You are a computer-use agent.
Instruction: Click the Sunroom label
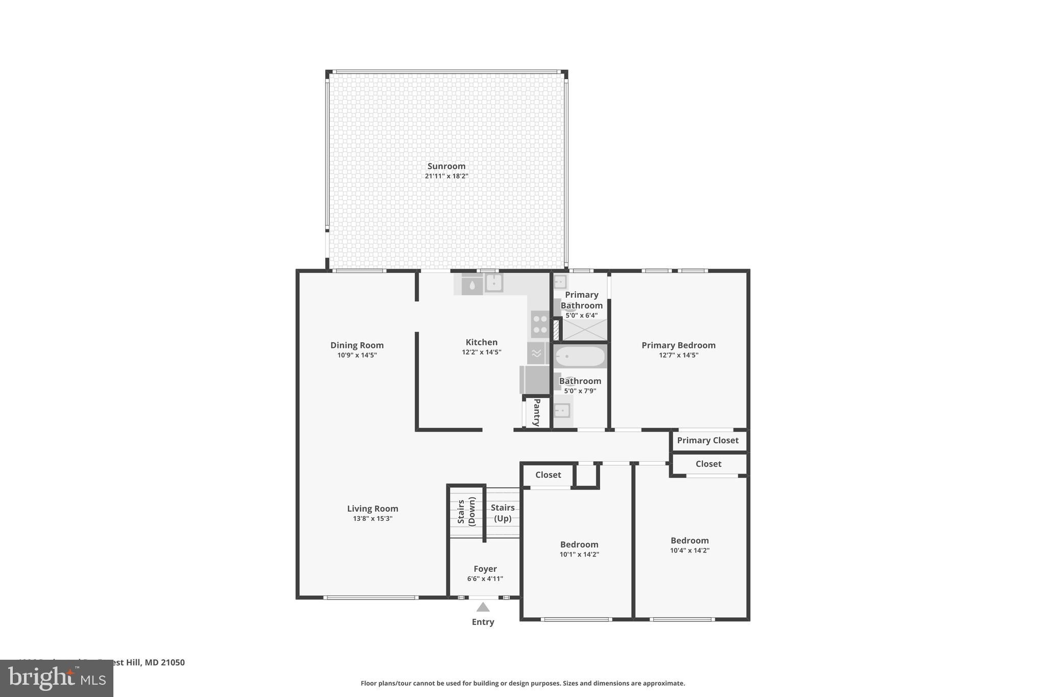click(446, 166)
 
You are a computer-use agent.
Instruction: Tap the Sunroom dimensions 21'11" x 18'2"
click(446, 176)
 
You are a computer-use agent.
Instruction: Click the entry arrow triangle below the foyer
click(483, 607)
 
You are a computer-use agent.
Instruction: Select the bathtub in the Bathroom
click(580, 356)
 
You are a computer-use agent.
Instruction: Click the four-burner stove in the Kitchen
click(540, 324)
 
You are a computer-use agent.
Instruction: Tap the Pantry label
click(537, 413)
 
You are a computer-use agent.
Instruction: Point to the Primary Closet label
click(707, 440)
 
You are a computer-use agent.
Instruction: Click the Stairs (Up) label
click(503, 513)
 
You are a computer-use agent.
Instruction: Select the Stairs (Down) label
click(466, 512)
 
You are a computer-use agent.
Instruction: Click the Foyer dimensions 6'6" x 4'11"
click(485, 579)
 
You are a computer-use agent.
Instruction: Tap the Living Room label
click(372, 509)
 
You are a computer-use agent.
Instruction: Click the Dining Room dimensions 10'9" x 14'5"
click(357, 355)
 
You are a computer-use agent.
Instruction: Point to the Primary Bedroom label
click(678, 345)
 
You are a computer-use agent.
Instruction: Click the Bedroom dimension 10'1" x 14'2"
click(579, 555)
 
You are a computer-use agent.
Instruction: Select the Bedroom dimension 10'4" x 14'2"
click(690, 550)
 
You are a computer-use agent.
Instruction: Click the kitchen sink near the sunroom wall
click(494, 283)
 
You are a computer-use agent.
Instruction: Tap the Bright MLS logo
click(56, 678)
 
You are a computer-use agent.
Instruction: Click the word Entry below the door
click(483, 622)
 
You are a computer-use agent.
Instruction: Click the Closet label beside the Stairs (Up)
click(548, 475)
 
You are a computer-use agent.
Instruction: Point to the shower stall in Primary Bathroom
click(585, 330)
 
